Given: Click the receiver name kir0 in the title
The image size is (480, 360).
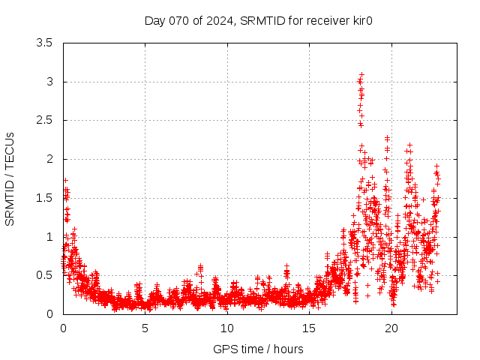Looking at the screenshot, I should [x=361, y=20].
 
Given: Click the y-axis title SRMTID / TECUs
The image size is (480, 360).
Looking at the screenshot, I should [x=10, y=178].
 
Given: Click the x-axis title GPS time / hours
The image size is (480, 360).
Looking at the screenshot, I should [x=259, y=349].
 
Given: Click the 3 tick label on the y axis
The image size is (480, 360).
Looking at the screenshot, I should [x=49, y=82].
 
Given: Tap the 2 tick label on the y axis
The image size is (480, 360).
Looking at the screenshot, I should [x=49, y=159].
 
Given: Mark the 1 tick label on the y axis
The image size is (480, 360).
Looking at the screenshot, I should [x=49, y=237].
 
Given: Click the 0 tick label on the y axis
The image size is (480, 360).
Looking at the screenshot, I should [x=49, y=314].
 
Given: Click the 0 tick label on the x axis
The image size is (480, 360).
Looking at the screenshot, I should [x=63, y=328].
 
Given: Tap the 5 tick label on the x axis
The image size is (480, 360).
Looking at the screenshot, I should [x=145, y=328].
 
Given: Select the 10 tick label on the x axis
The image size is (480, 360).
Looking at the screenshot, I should [x=227, y=328].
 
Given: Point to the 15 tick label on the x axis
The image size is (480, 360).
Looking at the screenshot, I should [x=309, y=328].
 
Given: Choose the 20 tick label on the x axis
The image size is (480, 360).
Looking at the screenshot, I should [x=391, y=328].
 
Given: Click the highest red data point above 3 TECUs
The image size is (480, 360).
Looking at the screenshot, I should [x=361, y=74].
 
